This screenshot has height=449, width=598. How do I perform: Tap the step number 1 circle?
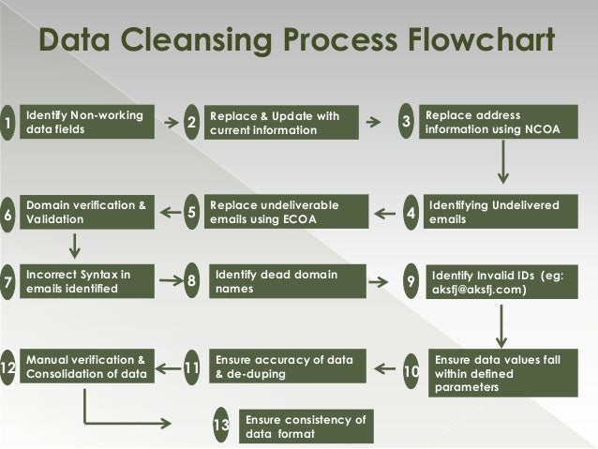8,123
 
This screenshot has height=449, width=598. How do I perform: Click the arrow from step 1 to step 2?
172,122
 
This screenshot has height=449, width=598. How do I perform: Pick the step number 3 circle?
406,122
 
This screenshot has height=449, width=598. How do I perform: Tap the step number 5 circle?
191,213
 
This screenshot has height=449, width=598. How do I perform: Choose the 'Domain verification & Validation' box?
87,213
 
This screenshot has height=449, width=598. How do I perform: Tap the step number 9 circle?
410,282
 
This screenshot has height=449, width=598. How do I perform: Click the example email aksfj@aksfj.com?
479,291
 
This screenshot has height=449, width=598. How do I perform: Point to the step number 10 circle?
411,371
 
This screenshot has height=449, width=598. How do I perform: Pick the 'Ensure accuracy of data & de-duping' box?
285,367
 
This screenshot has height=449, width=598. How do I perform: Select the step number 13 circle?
221,427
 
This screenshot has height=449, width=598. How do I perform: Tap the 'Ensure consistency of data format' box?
306,427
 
